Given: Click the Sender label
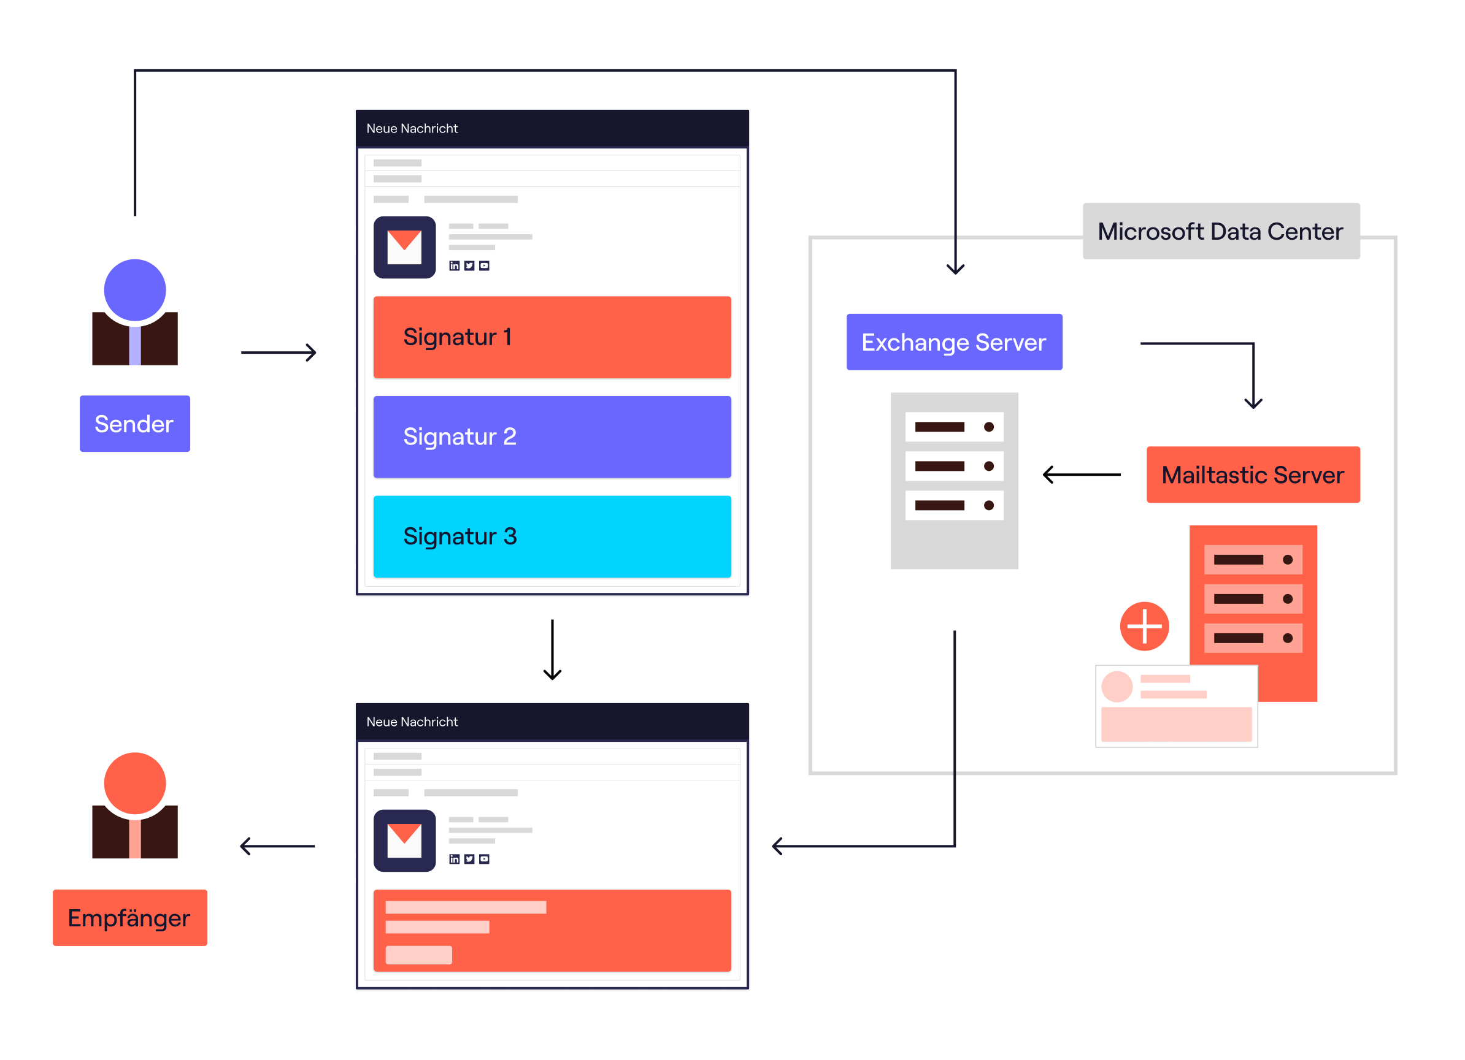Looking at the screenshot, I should [134, 424].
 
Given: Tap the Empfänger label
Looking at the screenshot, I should [130, 917].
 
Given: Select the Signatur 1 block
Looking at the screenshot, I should [552, 337].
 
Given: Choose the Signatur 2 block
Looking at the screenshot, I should [552, 437].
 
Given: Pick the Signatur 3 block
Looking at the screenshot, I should [552, 536].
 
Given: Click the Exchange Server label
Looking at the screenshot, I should [954, 342].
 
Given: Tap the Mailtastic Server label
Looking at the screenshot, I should [1253, 475].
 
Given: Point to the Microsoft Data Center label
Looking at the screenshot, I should [1221, 231].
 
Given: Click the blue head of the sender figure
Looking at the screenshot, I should [135, 290].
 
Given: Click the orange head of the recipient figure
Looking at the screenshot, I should [135, 782].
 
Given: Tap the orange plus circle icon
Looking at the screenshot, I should [1144, 626].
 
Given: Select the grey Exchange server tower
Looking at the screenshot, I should [954, 481].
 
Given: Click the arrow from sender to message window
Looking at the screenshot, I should [279, 353].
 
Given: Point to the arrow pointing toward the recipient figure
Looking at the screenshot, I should [277, 845].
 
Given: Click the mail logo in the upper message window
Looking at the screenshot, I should [404, 247].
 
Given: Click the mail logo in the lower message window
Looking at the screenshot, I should [404, 841].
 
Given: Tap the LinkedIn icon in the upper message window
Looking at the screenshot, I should [454, 266].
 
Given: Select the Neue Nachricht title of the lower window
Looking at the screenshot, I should [412, 722].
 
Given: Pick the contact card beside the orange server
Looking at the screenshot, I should [1176, 706].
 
